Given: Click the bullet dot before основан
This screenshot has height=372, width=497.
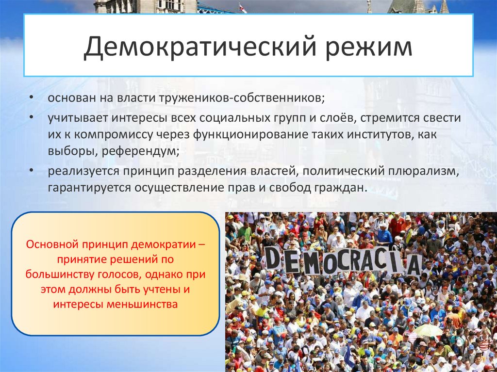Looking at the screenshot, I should coord(31,97).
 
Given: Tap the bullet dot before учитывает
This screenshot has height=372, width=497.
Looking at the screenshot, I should coord(31,118).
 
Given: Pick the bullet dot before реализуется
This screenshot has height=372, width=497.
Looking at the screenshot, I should coord(31,171).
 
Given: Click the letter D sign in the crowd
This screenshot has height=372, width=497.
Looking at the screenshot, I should coord(273,258).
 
